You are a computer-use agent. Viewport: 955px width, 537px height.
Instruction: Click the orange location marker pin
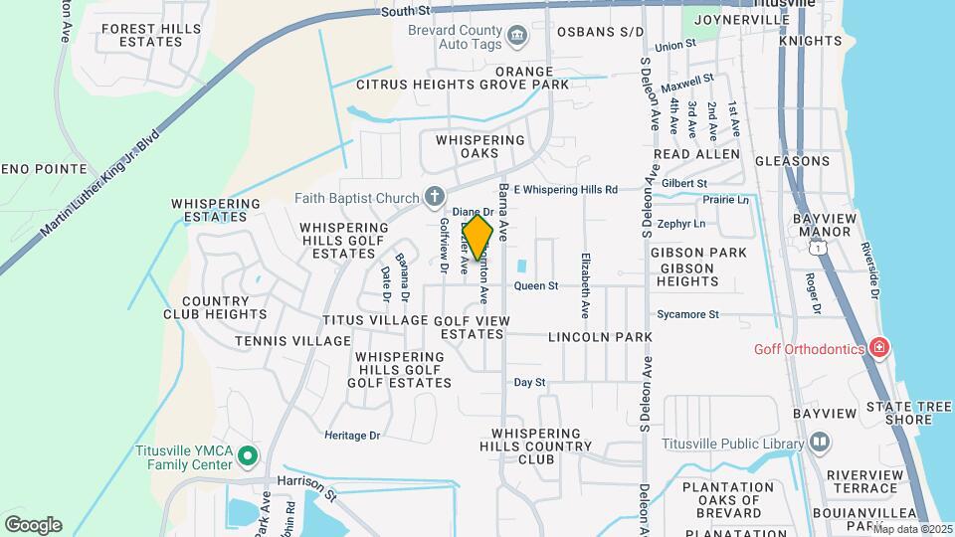tap(477, 238)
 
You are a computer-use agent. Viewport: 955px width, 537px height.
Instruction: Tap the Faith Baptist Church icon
tap(434, 198)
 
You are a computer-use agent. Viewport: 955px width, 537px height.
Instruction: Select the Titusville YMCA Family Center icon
tap(249, 457)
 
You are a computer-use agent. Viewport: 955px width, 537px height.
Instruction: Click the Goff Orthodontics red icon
tap(878, 347)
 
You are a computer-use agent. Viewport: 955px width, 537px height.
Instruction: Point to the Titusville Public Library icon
tap(820, 441)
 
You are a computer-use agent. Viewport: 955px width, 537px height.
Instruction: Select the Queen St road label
tap(536, 286)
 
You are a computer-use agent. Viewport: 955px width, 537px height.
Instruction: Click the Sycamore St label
tap(687, 314)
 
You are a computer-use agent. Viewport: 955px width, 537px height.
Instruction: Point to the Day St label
tap(529, 382)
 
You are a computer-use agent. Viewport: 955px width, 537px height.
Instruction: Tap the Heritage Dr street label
tap(352, 435)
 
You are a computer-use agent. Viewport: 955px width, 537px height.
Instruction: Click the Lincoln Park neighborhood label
tap(600, 337)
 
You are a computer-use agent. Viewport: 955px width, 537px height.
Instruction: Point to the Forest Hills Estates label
tap(146, 36)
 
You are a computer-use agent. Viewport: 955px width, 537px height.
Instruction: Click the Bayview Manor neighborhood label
tap(822, 225)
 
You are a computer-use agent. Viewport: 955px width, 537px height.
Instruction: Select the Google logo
tap(33, 525)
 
